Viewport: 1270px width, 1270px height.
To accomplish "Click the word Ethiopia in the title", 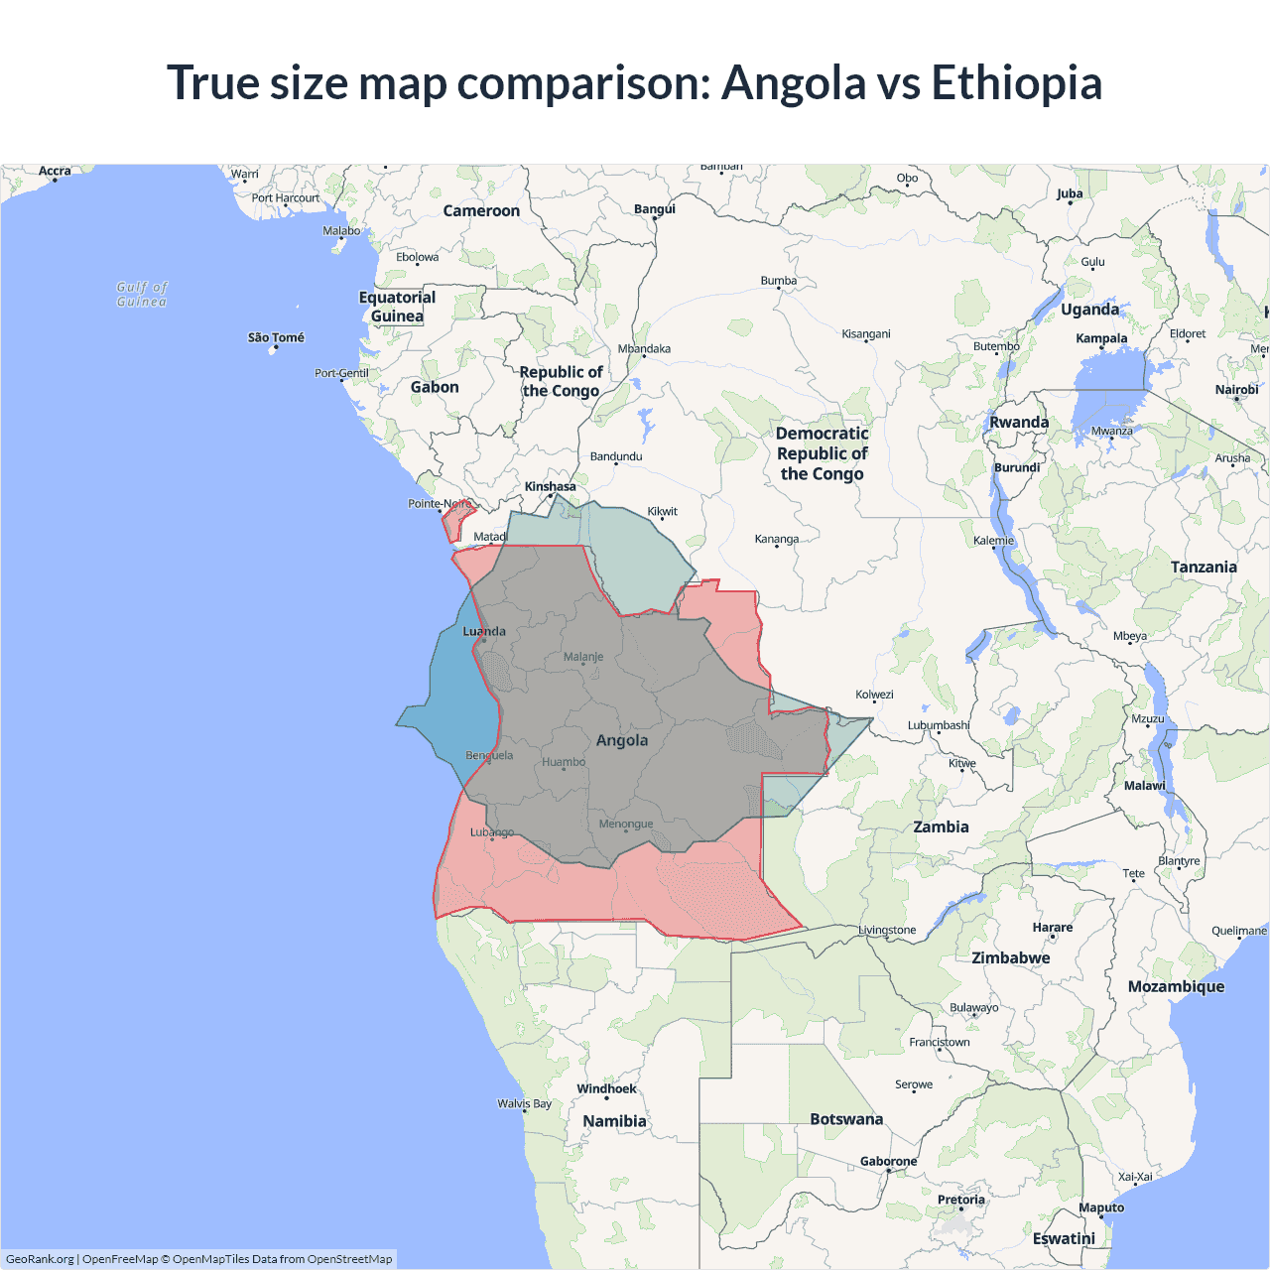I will point(1016,82).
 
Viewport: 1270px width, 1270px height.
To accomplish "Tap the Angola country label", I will point(622,740).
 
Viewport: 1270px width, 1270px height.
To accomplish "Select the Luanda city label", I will point(484,631).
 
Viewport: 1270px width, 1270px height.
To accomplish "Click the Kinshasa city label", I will point(550,486).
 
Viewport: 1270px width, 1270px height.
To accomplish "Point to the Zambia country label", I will point(941,826).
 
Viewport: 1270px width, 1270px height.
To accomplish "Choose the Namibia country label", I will point(614,1121).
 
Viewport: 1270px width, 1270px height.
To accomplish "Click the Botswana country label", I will point(846,1119).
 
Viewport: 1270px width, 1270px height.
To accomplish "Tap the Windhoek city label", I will point(606,1088).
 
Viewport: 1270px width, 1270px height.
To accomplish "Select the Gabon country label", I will point(435,387).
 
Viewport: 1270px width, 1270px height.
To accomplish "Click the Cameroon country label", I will point(481,210).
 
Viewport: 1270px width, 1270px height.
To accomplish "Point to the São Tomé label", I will point(276,337).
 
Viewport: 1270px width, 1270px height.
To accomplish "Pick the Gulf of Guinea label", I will point(142,294).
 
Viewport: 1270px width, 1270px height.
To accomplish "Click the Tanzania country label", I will point(1204,567).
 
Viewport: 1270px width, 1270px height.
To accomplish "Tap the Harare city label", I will point(1053,927).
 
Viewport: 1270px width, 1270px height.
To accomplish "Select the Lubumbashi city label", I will point(939,725).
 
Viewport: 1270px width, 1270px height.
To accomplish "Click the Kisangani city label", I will point(866,333).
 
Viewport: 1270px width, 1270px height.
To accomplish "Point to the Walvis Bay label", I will point(525,1103).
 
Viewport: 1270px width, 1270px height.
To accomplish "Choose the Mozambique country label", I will point(1176,986).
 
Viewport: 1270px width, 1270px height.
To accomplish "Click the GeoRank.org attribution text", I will point(40,1259).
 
